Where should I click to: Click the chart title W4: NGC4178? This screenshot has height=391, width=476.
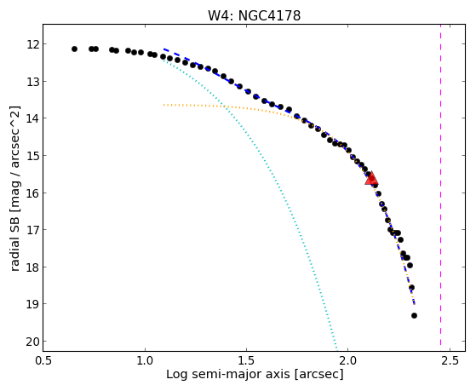[x=254, y=15]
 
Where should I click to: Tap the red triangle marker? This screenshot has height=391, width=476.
[x=371, y=179]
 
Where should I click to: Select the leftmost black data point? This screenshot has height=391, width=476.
[x=74, y=49]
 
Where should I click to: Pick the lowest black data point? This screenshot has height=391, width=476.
[x=414, y=316]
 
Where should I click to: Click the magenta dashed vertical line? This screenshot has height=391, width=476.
[x=440, y=187]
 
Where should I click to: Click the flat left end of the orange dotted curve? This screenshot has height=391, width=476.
[x=164, y=105]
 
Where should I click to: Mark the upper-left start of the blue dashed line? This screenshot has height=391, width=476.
[x=164, y=49]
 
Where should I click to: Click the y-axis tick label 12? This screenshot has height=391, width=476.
[x=32, y=44]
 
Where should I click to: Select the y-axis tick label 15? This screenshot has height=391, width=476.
[x=32, y=156]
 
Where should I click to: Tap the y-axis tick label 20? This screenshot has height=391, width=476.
[x=32, y=342]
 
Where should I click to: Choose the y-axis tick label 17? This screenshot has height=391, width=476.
[x=32, y=230]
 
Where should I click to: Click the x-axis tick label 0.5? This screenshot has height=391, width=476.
[x=43, y=360]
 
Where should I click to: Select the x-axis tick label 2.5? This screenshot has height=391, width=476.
[x=450, y=360]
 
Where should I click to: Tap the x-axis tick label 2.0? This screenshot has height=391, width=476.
[x=348, y=360]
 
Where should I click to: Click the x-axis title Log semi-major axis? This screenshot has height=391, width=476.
[x=227, y=374]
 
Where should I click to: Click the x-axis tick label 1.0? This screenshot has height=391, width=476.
[x=145, y=360]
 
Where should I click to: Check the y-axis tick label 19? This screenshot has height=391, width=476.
[x=32, y=304]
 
